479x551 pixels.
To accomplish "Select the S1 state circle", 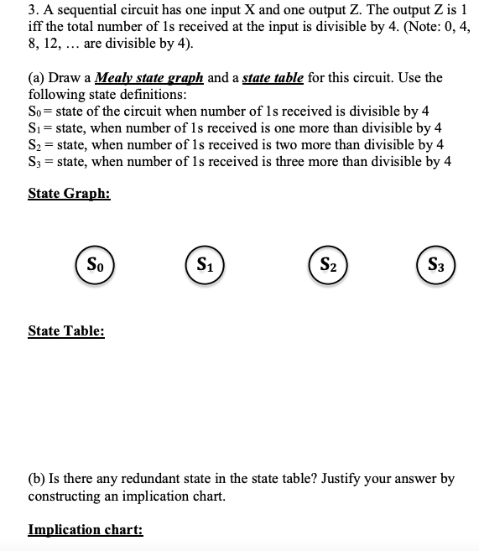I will click(x=203, y=268).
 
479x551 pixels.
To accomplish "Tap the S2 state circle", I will click(x=326, y=268).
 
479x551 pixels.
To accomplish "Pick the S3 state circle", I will click(x=435, y=268).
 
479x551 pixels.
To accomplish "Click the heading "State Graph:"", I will click(x=69, y=193).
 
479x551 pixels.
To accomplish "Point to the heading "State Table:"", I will click(x=66, y=330).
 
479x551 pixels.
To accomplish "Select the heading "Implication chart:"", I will click(x=86, y=530).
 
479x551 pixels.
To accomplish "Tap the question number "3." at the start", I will click(x=34, y=11).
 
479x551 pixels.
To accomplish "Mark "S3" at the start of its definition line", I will click(x=35, y=162).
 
